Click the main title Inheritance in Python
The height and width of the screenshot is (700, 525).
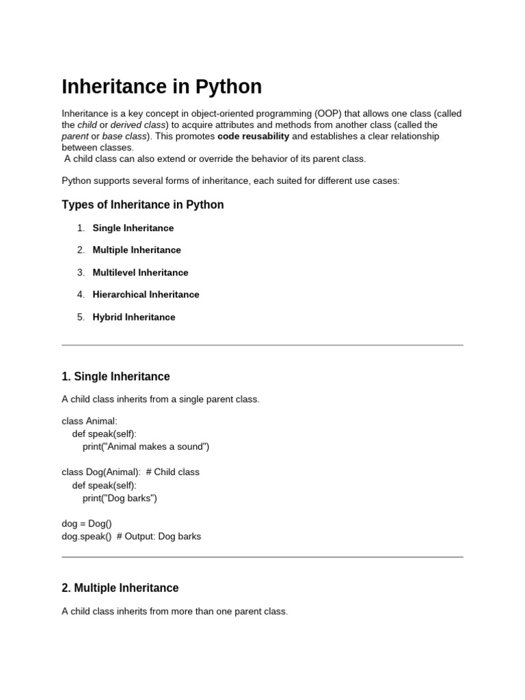[x=161, y=87]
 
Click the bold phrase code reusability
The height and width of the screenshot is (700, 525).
[x=253, y=136]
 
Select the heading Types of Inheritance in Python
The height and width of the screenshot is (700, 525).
[x=142, y=204]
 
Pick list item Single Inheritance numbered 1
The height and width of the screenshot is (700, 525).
[x=133, y=228]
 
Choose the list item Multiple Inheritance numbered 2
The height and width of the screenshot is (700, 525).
[x=137, y=250]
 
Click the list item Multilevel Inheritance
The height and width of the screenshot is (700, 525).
[x=140, y=272]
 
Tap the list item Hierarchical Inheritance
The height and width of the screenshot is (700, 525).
[x=146, y=295]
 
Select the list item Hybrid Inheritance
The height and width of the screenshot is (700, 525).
[x=133, y=317]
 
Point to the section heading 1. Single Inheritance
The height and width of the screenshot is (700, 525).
[x=116, y=377]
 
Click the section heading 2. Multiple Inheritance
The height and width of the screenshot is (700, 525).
[x=120, y=588]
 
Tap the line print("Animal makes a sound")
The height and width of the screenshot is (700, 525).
[x=146, y=446]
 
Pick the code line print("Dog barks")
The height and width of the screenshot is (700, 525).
[x=120, y=498]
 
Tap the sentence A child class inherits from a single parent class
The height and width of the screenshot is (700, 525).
[x=161, y=399]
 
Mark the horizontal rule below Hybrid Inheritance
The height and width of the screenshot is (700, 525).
[x=262, y=345]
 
